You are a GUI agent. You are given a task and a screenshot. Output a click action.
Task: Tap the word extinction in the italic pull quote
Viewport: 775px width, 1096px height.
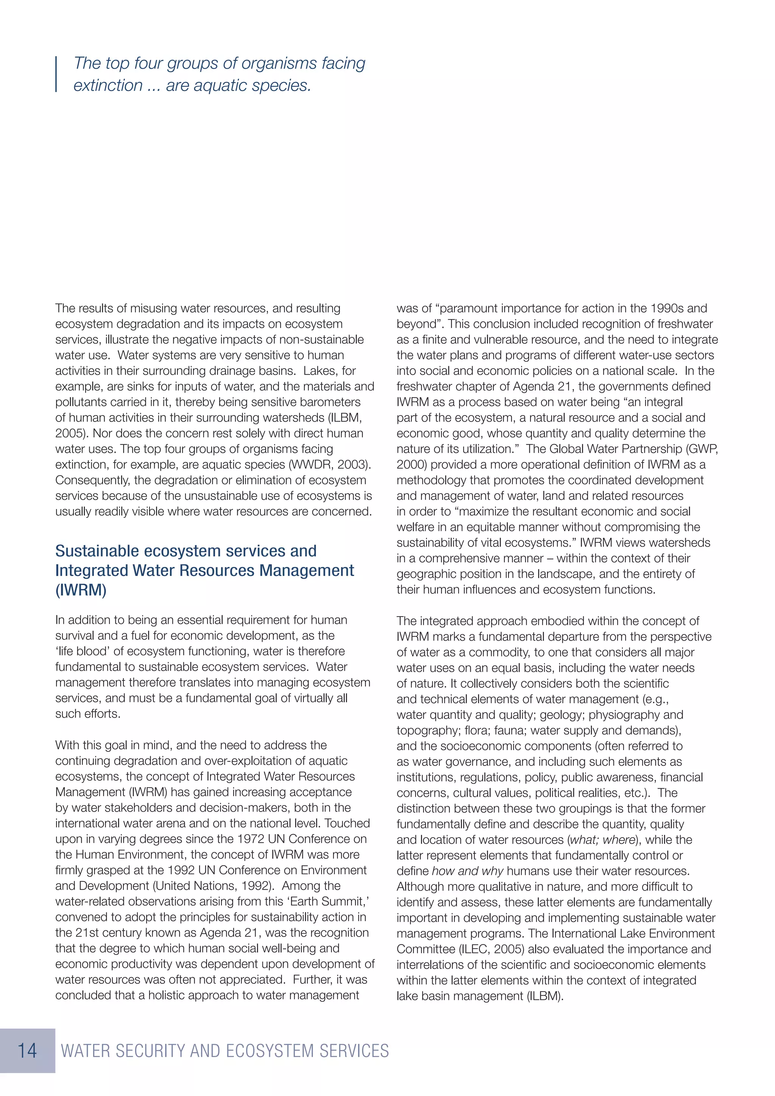coord(108,86)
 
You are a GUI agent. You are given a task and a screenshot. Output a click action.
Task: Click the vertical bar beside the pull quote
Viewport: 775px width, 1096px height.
coord(56,74)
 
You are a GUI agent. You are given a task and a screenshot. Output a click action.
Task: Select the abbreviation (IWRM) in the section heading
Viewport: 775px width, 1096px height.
coord(81,590)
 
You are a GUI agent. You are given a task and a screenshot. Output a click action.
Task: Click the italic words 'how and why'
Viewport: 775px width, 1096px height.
coord(467,871)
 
